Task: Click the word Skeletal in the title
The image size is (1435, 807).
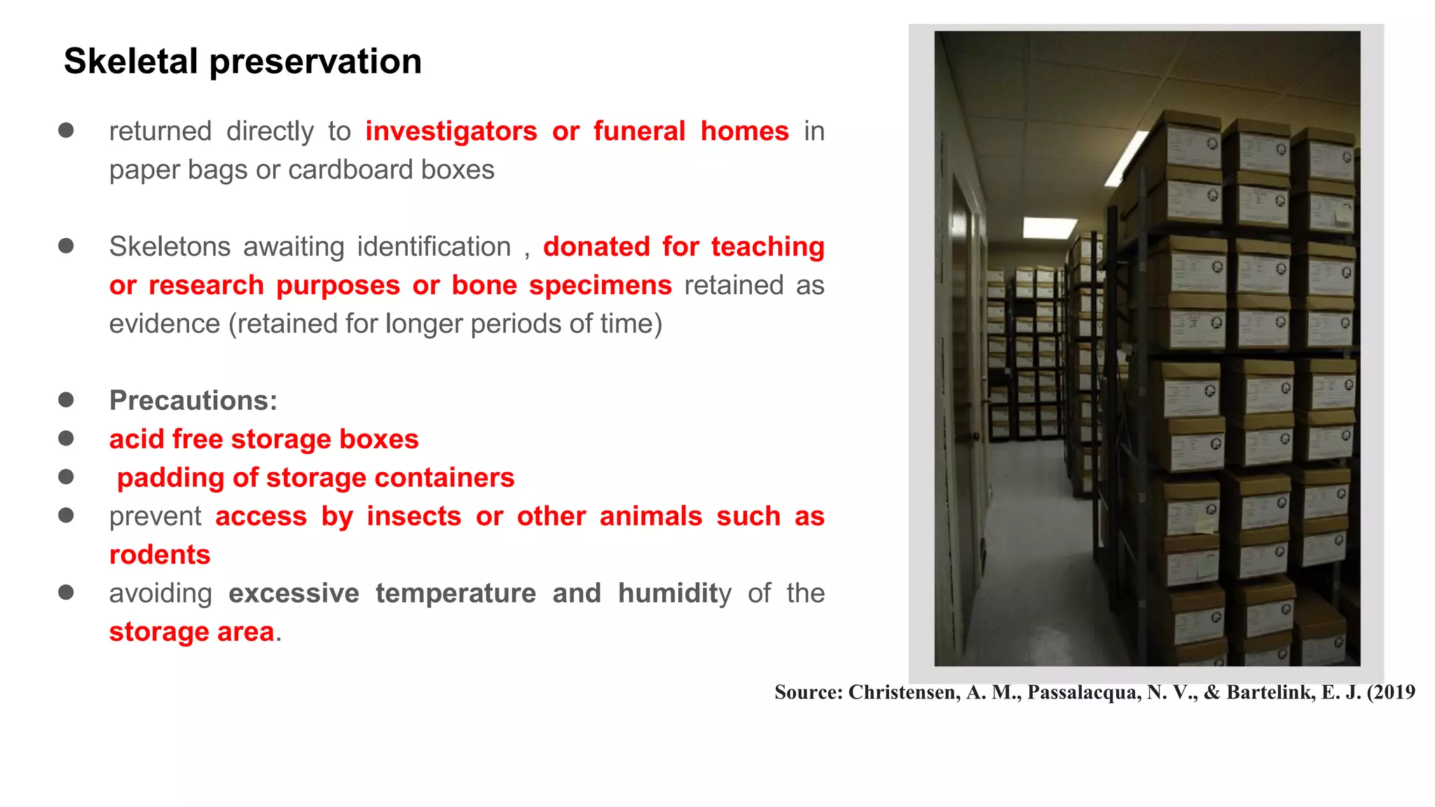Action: pos(130,62)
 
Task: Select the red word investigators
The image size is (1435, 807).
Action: pos(451,132)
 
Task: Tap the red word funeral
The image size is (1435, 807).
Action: pos(638,132)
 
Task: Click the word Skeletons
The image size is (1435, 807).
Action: pos(170,247)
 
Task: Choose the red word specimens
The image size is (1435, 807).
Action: pos(600,286)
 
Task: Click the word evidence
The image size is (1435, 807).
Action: pos(164,324)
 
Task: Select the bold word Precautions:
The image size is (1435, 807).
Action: pos(193,401)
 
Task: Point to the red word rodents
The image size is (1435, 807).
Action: pos(160,555)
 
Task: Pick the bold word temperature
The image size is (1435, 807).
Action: pos(455,593)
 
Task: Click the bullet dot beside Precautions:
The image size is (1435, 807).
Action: pos(67,400)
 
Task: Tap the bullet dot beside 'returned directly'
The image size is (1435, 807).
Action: pos(67,130)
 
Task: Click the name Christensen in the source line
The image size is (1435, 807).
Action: pos(904,692)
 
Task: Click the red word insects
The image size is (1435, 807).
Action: pos(413,516)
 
